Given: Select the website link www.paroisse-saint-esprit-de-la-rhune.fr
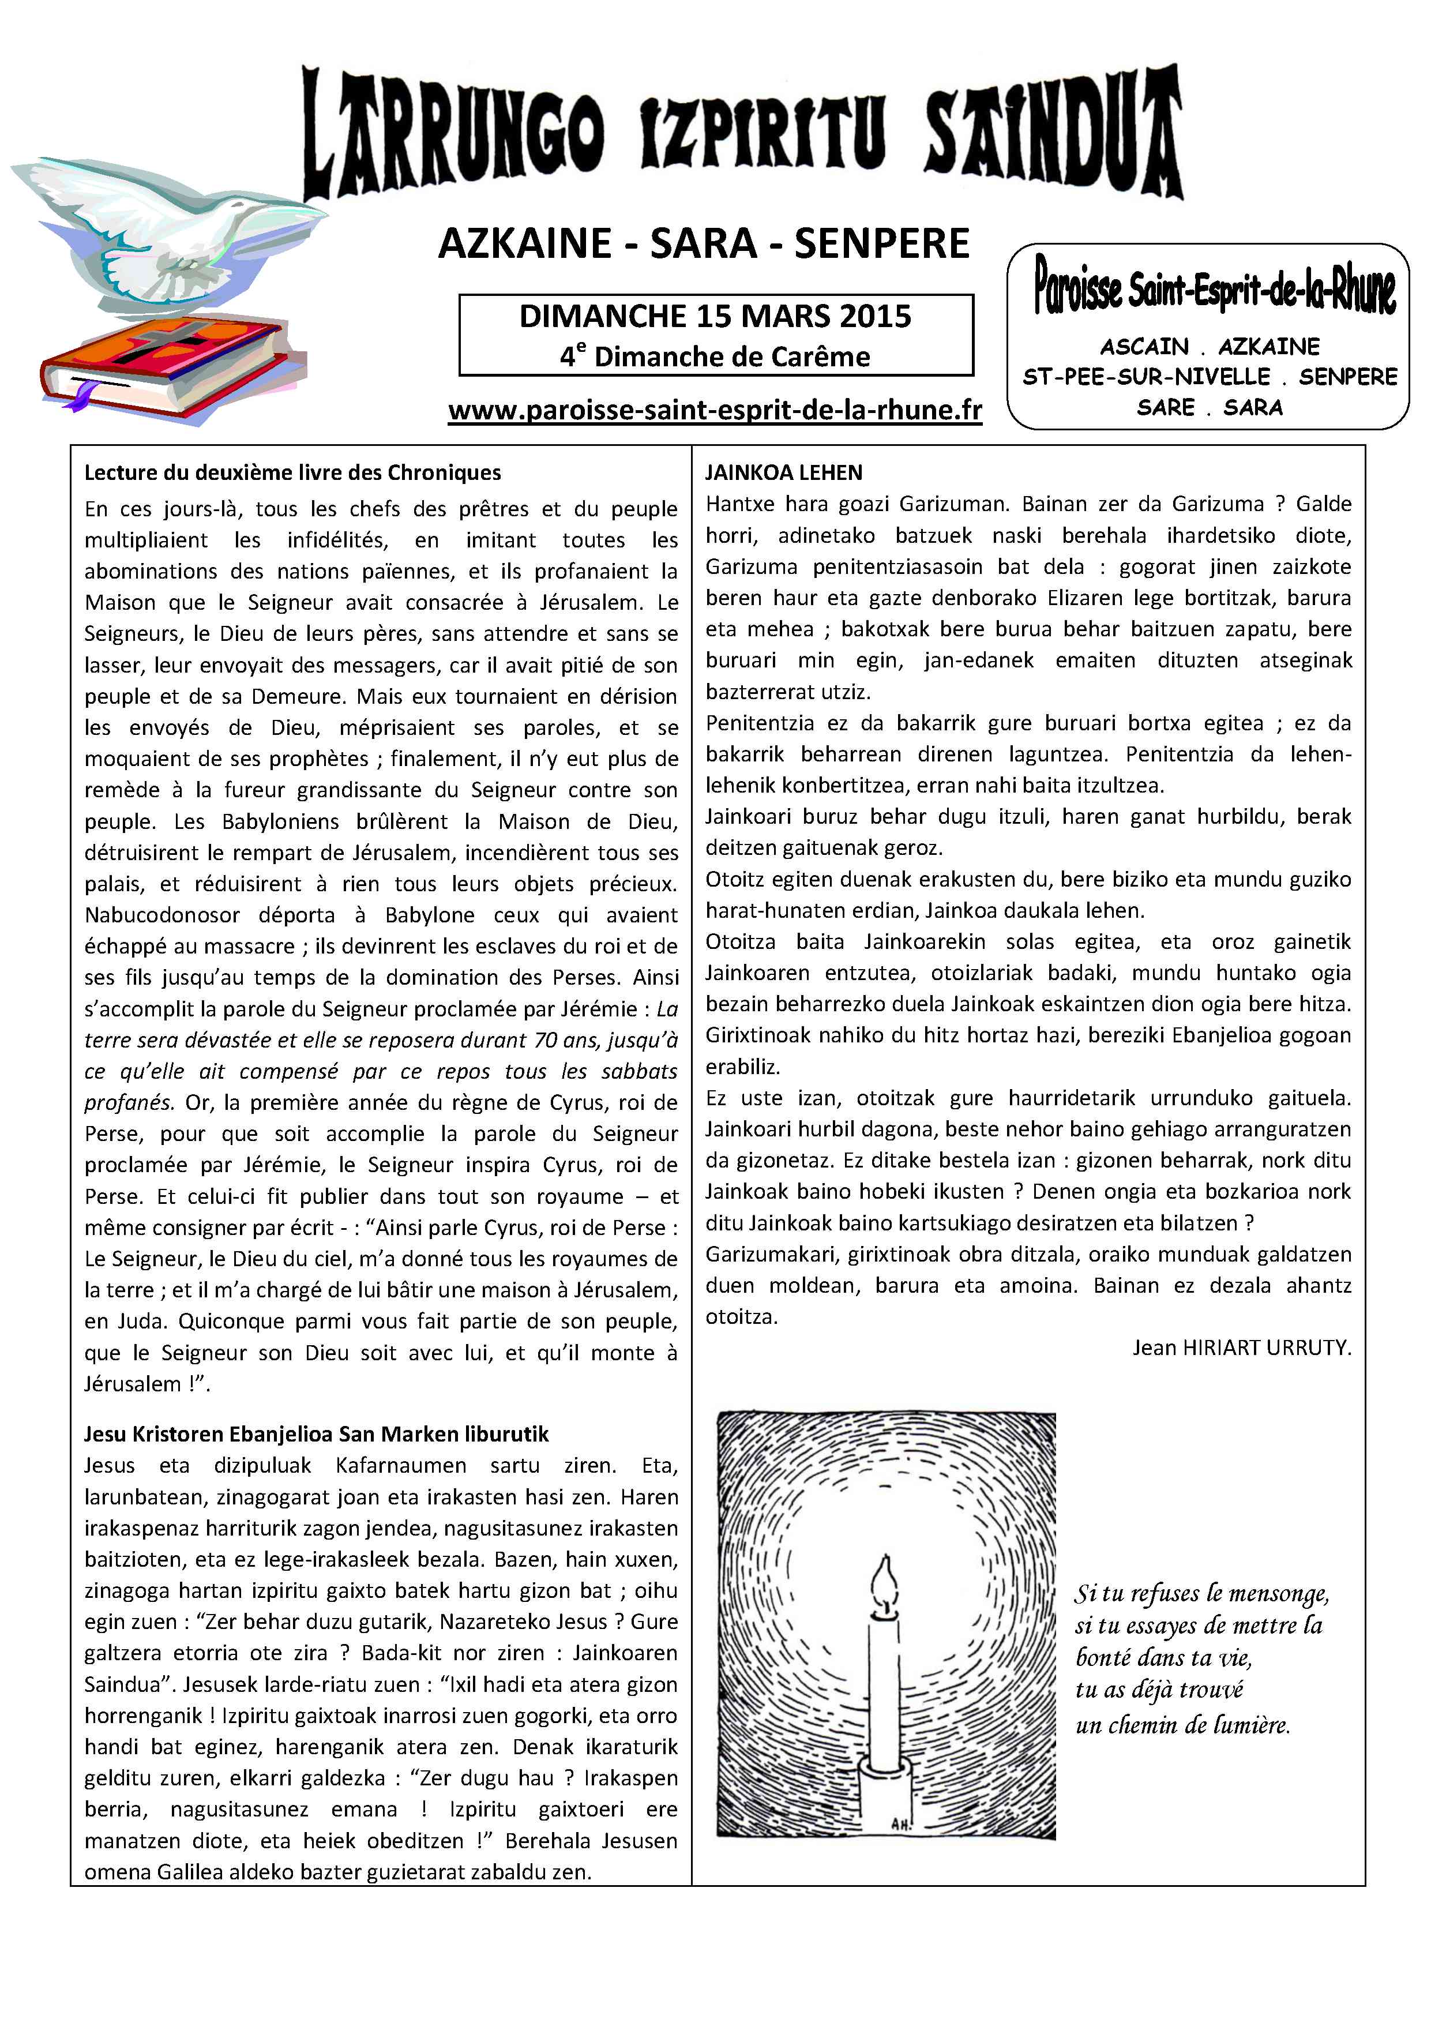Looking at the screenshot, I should click(x=715, y=411).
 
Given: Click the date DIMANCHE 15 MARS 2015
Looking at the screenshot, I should click(x=715, y=316).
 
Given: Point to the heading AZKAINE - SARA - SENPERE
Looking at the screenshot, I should click(x=703, y=244).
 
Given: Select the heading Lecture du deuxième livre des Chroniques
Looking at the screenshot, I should click(x=292, y=473).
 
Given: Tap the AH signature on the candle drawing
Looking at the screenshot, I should click(x=902, y=1823).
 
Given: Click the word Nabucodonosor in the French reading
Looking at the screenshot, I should click(x=160, y=915).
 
